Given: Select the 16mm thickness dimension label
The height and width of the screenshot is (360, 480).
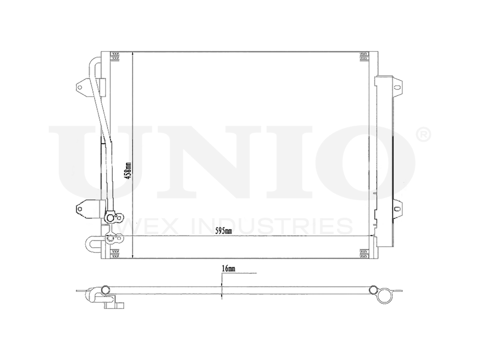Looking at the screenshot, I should pyautogui.click(x=228, y=270).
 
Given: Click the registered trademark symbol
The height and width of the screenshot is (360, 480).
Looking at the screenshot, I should pyautogui.click(x=424, y=135).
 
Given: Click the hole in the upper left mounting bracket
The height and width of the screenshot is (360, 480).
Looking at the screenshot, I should pyautogui.click(x=80, y=87).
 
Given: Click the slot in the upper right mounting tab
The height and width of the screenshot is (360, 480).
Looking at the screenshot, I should pyautogui.click(x=397, y=87).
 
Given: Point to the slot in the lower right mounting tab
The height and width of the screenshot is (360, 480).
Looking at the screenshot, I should pyautogui.click(x=397, y=208).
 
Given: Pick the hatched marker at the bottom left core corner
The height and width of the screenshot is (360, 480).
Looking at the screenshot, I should pyautogui.click(x=115, y=254).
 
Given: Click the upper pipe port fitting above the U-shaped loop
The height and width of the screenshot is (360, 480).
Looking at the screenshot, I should pyautogui.click(x=110, y=219).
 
